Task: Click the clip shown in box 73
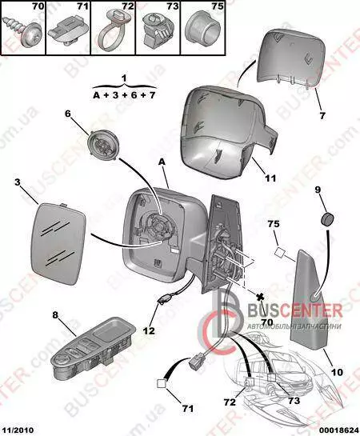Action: tap(156, 31)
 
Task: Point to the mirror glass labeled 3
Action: tap(58, 242)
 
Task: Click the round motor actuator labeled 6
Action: tap(102, 146)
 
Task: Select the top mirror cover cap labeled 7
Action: tap(290, 56)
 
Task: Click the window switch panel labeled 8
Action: tap(93, 347)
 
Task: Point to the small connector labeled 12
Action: tap(165, 300)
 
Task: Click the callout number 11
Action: tap(270, 178)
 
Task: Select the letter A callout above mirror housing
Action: tap(162, 162)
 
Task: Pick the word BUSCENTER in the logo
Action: tap(294, 311)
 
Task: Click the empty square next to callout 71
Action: tap(162, 384)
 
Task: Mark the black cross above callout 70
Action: tap(260, 297)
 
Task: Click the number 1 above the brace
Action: tap(124, 78)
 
